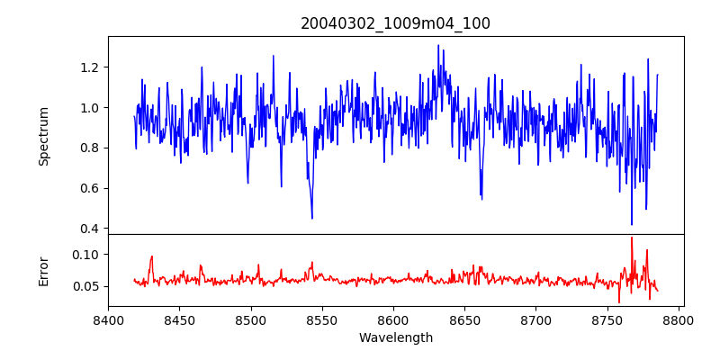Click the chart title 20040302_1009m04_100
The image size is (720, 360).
(x=395, y=23)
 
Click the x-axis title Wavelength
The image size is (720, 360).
(x=395, y=338)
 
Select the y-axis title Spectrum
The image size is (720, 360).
(x=43, y=136)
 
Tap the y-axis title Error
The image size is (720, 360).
(x=43, y=270)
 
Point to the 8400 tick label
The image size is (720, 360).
(x=108, y=319)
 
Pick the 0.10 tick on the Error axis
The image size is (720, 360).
(x=87, y=255)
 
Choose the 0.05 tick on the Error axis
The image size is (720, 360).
(x=87, y=287)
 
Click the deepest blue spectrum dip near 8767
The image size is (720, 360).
(x=632, y=224)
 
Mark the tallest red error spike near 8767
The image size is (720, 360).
(x=632, y=238)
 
